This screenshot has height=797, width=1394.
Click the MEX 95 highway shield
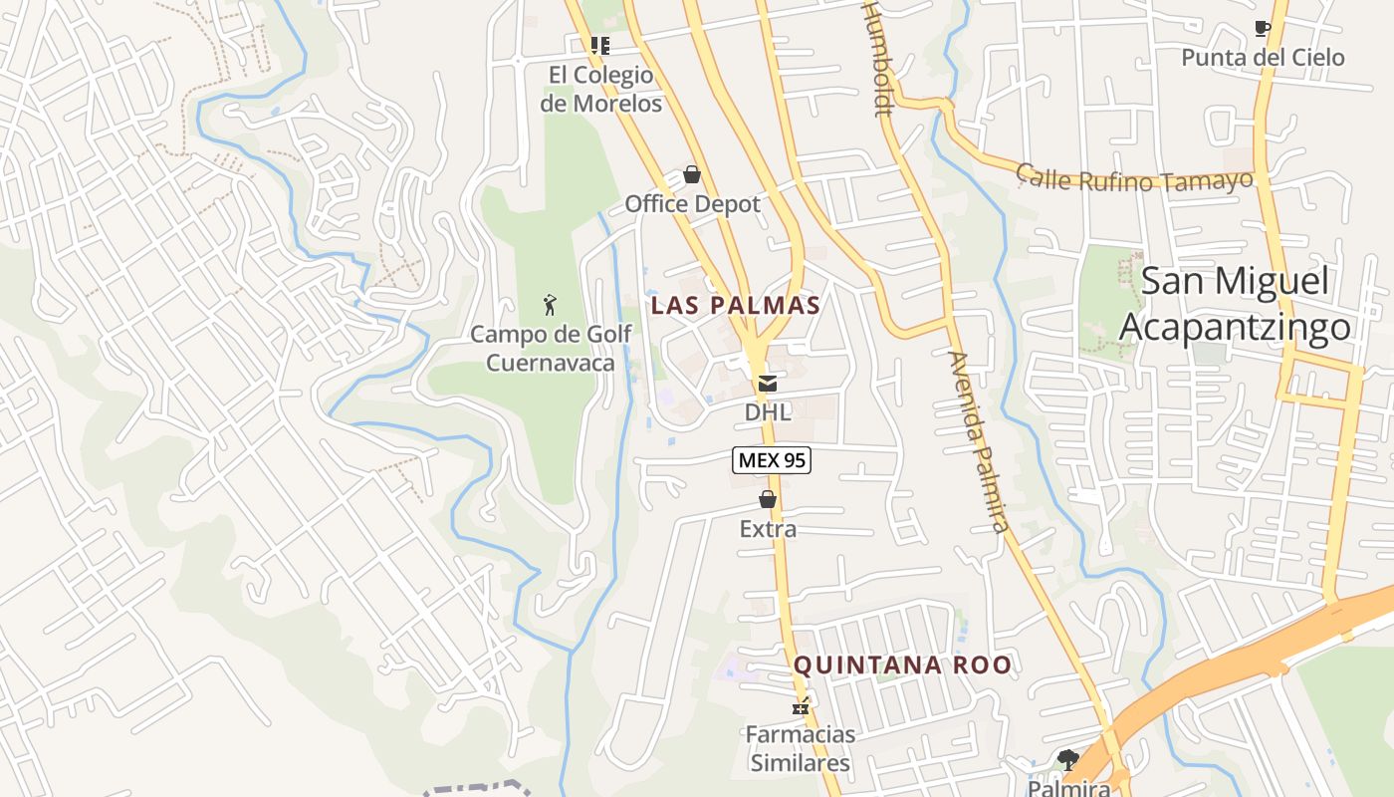[x=772, y=460]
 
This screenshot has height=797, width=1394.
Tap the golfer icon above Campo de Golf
[x=550, y=305]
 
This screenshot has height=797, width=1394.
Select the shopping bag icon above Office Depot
[x=692, y=175]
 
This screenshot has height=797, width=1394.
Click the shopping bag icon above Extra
[x=768, y=499]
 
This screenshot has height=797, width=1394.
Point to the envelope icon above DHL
[x=768, y=384]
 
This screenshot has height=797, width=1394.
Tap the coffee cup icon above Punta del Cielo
[x=1263, y=29]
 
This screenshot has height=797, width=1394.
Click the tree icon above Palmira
[x=1068, y=760]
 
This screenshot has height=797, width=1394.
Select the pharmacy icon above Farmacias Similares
[x=800, y=707]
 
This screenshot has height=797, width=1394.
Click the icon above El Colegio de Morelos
[x=599, y=46]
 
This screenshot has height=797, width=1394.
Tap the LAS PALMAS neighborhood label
[x=735, y=306]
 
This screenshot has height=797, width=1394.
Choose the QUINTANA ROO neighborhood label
[x=902, y=664]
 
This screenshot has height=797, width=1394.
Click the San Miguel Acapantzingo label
[x=1235, y=303]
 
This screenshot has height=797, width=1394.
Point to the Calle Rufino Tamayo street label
[x=1133, y=179]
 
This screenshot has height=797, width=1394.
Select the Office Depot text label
[x=692, y=204]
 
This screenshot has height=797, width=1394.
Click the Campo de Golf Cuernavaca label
[x=551, y=348]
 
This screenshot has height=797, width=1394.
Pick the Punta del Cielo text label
[x=1263, y=58]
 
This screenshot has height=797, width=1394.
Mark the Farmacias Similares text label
[x=801, y=749]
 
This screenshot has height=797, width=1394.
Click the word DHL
[x=768, y=412]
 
